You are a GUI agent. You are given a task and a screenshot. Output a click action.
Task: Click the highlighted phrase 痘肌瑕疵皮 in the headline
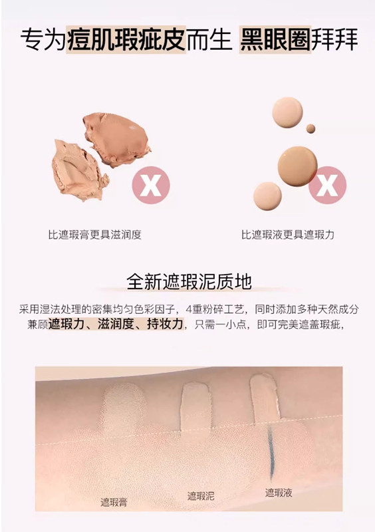coord(126,40)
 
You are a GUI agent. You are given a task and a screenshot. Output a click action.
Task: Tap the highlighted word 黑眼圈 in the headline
coord(275,40)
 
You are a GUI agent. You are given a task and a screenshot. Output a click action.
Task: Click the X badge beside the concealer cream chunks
coord(151,186)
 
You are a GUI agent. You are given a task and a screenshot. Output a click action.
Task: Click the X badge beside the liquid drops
coord(328,186)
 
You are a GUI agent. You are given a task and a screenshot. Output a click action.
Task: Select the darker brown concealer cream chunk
coord(116,139)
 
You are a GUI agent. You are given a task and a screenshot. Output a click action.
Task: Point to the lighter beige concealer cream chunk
coord(78,171)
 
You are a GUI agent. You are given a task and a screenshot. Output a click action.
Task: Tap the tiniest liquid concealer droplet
coord(311,128)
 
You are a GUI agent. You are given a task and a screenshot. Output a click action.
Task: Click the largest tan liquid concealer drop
coord(297,166)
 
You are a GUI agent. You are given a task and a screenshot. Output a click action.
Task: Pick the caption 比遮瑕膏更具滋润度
coord(94,235)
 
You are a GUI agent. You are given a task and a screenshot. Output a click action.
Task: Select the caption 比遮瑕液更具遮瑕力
coord(288,235)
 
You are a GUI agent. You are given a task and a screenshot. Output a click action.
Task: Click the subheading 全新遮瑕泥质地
coord(189,281)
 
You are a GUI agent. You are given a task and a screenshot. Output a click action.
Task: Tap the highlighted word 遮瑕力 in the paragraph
coord(66,324)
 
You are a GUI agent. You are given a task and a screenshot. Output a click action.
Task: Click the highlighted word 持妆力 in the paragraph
coord(166,324)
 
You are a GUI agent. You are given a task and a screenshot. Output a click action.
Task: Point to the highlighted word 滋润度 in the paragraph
coord(116,324)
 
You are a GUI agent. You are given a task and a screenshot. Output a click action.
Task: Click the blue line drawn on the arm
coord(271,452)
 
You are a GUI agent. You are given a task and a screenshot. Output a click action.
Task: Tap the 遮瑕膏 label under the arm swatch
coord(114,502)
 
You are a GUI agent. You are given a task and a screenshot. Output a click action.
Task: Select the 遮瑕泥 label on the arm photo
coord(201,495)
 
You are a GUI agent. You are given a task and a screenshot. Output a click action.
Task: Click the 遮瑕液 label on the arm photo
coord(279,493)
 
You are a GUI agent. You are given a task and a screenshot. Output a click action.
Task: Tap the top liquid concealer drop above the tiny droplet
coord(287,112)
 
